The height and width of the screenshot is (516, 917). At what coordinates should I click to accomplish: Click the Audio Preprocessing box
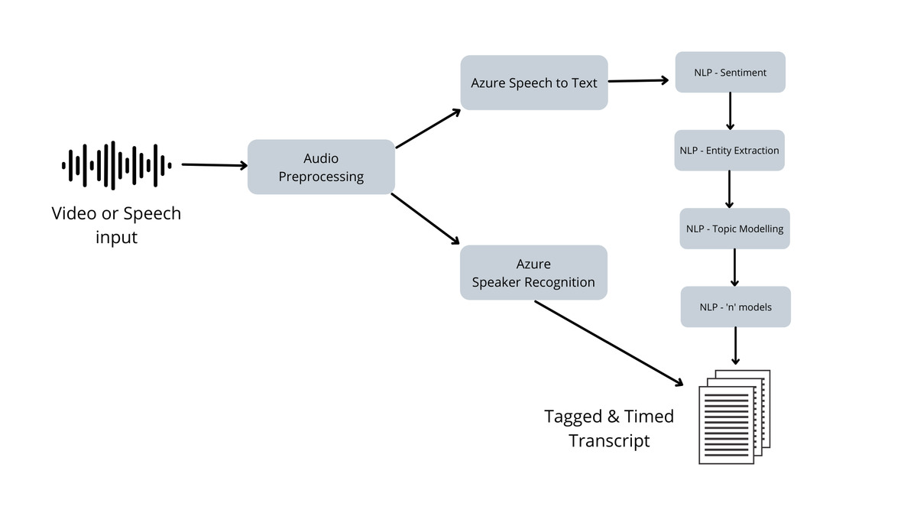pyautogui.click(x=321, y=167)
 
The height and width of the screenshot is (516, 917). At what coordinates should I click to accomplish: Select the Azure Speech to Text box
pyautogui.click(x=534, y=83)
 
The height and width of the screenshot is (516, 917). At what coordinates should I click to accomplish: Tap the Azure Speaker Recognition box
pyautogui.click(x=533, y=272)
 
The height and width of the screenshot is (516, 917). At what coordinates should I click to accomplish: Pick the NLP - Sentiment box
pyautogui.click(x=731, y=73)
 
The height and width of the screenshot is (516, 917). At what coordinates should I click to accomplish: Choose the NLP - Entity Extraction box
pyautogui.click(x=730, y=151)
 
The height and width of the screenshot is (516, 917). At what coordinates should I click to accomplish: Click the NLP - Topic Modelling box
pyautogui.click(x=735, y=229)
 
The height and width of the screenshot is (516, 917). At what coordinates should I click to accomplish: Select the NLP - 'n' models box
pyautogui.click(x=735, y=307)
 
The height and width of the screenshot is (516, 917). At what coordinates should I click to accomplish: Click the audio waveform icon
pyautogui.click(x=116, y=164)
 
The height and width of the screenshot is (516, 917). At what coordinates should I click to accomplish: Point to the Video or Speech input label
pyautogui.click(x=116, y=225)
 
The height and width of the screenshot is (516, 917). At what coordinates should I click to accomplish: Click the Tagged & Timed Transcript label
pyautogui.click(x=609, y=428)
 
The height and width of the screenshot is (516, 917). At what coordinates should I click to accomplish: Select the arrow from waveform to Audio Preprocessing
pyautogui.click(x=214, y=164)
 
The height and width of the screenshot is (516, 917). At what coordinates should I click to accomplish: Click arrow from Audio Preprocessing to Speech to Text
pyautogui.click(x=428, y=128)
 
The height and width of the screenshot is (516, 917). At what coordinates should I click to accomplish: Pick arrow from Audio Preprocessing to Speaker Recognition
pyautogui.click(x=426, y=219)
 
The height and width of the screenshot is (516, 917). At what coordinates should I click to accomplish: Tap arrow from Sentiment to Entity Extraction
pyautogui.click(x=731, y=112)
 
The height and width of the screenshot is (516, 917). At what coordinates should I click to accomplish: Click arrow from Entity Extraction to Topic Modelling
pyautogui.click(x=730, y=190)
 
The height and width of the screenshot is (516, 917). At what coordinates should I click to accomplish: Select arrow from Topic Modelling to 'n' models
pyautogui.click(x=734, y=268)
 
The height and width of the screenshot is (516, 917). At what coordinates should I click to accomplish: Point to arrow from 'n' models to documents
pyautogui.click(x=735, y=346)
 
